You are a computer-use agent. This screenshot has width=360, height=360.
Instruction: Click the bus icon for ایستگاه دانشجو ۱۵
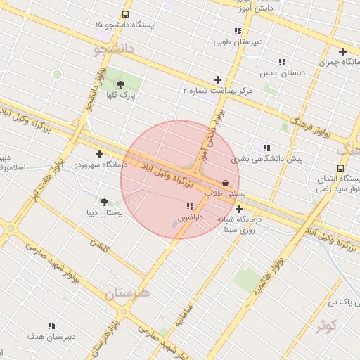click(x=125, y=14)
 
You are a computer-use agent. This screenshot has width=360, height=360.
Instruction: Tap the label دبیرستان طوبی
click(x=238, y=42)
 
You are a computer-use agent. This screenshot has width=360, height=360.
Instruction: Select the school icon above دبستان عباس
click(x=282, y=62)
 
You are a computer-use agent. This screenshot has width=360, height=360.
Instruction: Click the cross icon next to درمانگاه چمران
click(x=342, y=51)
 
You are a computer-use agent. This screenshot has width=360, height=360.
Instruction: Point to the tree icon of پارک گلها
click(x=120, y=84)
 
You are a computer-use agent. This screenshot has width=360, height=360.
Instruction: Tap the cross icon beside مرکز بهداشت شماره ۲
click(x=217, y=79)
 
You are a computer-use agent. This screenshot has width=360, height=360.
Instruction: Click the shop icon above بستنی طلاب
click(x=225, y=182)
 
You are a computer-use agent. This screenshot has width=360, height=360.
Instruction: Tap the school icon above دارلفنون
click(x=190, y=207)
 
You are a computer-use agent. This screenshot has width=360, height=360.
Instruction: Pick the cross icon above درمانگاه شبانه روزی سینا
click(x=240, y=209)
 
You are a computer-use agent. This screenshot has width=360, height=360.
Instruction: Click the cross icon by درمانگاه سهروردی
click(x=99, y=154)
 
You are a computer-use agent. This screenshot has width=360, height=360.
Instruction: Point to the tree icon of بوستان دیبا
click(x=105, y=202)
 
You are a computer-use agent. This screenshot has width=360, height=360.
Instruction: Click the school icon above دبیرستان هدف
click(x=51, y=326)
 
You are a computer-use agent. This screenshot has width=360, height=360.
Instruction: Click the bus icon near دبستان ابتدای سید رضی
click(x=341, y=169)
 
